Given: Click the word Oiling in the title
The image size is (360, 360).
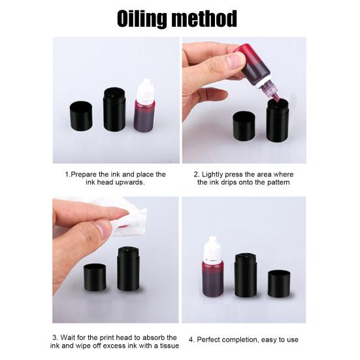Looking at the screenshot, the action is point(142,19).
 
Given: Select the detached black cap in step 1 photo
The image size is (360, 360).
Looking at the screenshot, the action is point(81,116).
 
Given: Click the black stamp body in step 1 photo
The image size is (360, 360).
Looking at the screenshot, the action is point(114,110).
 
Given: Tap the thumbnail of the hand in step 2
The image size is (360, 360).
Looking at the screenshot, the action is point(235,61).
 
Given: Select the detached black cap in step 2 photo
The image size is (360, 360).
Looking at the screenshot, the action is point(244,126).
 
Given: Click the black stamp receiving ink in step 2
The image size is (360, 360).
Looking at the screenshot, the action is point(278,120).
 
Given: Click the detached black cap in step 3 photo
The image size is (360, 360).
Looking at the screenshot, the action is point(95,277).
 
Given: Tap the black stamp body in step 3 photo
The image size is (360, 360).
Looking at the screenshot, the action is point(128,269).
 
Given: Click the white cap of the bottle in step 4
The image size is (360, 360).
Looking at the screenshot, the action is point(213,250).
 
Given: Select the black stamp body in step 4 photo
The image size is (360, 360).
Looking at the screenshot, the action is point(246,275).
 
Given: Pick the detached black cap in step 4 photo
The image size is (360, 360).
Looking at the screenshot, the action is point(279,284).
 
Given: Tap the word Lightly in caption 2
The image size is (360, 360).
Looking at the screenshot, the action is point(212,174).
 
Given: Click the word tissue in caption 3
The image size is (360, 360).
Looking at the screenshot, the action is point(169,346).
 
